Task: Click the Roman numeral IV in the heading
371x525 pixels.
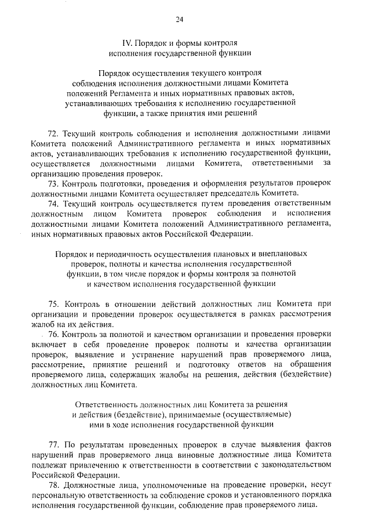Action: click(126, 44)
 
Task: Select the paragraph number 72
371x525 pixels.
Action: click(53, 133)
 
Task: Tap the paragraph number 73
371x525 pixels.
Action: click(53, 183)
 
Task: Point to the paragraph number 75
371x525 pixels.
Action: click(53, 304)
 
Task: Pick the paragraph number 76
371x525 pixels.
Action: click(53, 335)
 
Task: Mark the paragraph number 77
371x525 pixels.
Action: click(53, 445)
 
